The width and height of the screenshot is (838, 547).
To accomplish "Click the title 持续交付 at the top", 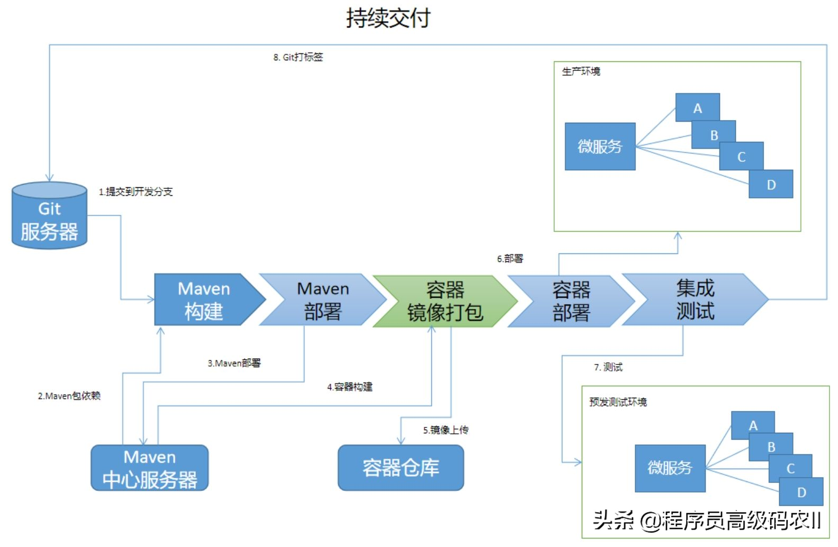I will coord(388,18).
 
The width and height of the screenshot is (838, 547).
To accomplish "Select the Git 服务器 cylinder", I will coord(49,216).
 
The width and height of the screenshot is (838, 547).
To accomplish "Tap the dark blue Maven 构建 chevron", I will coord(204,299).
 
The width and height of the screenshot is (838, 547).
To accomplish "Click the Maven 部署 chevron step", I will coord(322,299).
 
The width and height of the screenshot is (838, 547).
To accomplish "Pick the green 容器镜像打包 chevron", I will coord(445,300).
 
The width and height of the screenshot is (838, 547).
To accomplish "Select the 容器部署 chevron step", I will coord(571,300).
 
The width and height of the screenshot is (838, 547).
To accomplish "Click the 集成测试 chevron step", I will coord(695,299).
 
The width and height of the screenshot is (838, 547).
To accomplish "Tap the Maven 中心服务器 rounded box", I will coord(149,468).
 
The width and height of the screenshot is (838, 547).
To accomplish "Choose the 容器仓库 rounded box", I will coord(401,468).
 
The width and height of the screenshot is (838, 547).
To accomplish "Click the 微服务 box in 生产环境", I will coord(600,147).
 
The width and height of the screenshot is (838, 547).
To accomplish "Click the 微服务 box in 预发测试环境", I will coord(670,468).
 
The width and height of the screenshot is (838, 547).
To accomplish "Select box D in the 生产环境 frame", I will coord(771,185).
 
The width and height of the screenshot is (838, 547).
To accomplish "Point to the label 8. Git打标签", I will coord(298,57).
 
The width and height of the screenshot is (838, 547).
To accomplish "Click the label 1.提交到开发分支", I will coord(136,192).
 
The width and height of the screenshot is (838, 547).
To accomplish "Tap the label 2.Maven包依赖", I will coord(69,396).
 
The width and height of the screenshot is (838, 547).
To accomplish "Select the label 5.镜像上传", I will coord(445,430).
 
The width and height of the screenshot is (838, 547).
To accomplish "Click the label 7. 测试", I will coord(608,367).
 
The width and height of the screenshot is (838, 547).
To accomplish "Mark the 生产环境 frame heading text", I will coord(581,71).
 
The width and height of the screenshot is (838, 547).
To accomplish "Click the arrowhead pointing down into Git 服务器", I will coord(50,178).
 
